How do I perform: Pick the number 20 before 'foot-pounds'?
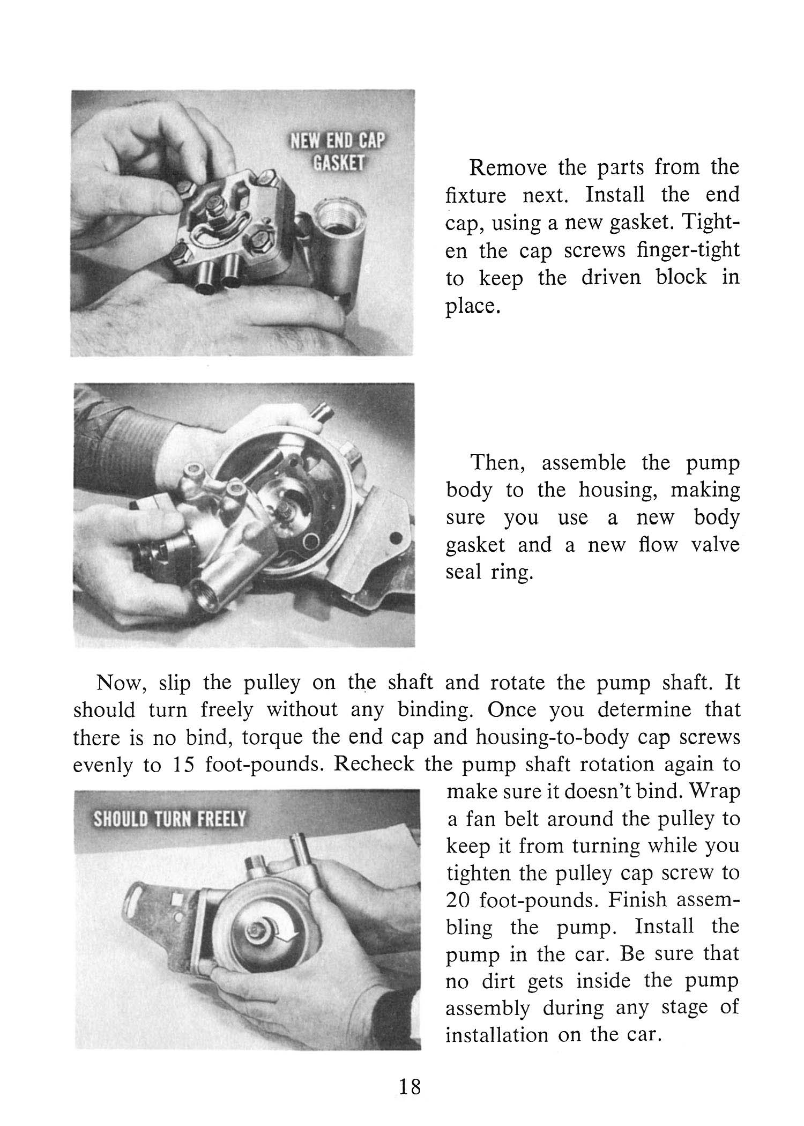tap(458, 900)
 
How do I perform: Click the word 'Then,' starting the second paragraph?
tap(499, 463)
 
